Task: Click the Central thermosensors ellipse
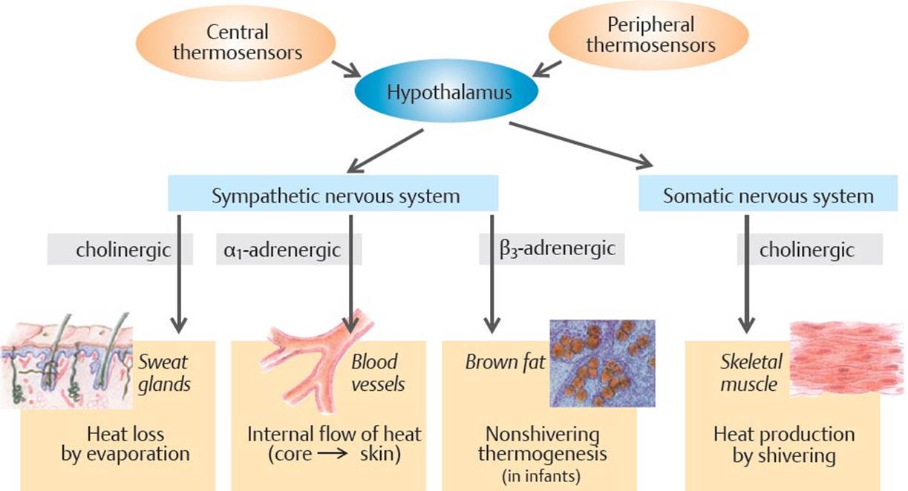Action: [235, 42]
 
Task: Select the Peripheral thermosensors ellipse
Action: [649, 36]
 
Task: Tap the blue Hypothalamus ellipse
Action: [446, 91]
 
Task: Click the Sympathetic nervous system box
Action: [333, 194]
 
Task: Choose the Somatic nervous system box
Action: [768, 194]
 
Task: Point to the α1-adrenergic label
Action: [282, 249]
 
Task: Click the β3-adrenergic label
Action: [558, 248]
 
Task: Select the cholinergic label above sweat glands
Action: [123, 249]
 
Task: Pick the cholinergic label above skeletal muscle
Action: [807, 249]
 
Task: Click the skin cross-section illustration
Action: [67, 360]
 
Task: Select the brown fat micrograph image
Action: [602, 363]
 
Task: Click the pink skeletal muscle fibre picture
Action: [847, 358]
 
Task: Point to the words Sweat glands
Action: [164, 373]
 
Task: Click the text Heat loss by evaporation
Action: [125, 444]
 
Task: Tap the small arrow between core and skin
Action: [333, 454]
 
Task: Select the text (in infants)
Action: [541, 476]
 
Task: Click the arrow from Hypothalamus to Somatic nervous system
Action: [581, 144]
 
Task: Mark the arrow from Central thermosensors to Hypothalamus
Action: [347, 69]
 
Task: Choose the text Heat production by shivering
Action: [784, 444]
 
